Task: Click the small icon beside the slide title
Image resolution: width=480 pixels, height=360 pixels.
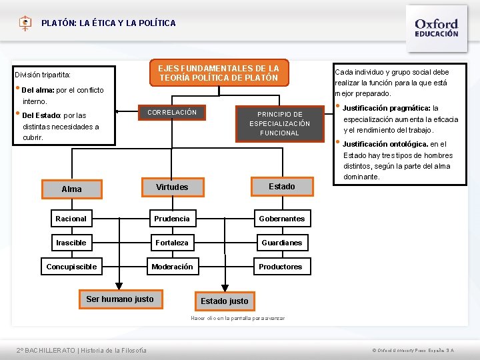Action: [25, 23]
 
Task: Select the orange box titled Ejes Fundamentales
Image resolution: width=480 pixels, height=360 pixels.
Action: [218, 73]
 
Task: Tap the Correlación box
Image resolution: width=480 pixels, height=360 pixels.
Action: [171, 113]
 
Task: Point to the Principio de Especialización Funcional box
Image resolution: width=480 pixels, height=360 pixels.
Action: [279, 123]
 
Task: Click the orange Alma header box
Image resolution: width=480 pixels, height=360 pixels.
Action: [71, 189]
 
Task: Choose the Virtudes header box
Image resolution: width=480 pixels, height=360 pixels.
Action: [172, 187]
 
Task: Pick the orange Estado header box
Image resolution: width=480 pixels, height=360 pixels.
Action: [281, 187]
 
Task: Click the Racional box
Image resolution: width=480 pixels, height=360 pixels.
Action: [71, 219]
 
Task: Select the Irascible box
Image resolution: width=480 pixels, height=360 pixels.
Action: [71, 243]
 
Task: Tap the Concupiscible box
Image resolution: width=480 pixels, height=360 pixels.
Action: [71, 267]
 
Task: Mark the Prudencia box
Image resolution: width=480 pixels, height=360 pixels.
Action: [172, 219]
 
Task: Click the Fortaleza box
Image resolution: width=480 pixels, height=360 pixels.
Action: [172, 243]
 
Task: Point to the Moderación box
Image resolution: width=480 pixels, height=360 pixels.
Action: [172, 267]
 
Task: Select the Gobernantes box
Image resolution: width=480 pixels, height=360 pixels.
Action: [281, 219]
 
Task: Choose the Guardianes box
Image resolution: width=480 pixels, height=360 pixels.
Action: [281, 243]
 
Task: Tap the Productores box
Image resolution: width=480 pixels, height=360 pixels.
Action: [281, 267]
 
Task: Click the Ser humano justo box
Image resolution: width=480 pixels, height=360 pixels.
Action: [120, 299]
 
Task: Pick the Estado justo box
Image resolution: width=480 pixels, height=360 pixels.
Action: [224, 301]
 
